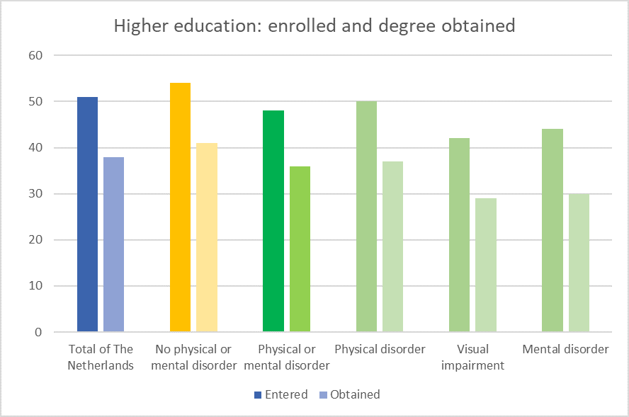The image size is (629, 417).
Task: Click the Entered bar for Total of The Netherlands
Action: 87,215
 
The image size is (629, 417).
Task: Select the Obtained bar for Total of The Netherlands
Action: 113,244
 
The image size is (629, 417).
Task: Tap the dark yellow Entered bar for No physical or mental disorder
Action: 180,207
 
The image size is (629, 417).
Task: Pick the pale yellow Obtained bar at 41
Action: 207,237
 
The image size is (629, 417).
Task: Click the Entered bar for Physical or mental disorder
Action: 273,221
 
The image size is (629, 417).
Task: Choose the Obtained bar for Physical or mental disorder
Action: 300,249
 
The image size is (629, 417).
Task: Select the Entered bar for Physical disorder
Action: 366,217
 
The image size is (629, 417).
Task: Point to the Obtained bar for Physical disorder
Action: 392,246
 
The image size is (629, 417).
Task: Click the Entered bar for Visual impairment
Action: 459,235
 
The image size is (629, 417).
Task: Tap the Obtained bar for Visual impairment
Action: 485,265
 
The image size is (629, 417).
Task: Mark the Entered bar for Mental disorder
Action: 552,230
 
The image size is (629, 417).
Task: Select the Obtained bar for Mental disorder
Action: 579,263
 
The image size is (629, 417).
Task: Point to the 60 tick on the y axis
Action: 35,55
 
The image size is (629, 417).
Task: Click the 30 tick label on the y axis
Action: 35,194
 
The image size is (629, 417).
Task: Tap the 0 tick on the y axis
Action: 38,332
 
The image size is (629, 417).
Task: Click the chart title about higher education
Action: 314,26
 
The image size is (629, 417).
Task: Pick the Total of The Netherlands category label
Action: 101,358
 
